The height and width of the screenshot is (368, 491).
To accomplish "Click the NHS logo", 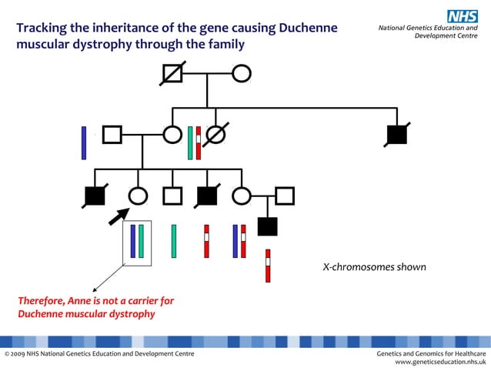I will (463, 15).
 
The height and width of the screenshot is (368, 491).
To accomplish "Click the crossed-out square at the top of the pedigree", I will (172, 74).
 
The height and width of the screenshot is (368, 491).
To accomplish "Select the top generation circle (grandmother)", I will (242, 74).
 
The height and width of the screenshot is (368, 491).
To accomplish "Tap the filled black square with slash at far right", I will (396, 135).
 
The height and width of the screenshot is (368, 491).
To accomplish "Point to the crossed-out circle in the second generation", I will (216, 135).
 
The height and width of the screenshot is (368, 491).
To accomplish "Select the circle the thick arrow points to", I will (138, 196).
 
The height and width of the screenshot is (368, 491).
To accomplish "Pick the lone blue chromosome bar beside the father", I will (84, 142).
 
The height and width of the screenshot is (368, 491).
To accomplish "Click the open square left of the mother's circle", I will (112, 135).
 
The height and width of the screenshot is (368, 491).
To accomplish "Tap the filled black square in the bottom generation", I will (267, 226).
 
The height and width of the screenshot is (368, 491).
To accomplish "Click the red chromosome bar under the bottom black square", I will (268, 266).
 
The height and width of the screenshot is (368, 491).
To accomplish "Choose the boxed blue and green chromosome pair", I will (137, 242).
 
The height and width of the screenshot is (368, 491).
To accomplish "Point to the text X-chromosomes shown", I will (374, 267).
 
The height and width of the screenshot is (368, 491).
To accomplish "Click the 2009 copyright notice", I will (99, 353).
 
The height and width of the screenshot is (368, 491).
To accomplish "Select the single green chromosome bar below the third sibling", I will (174, 241).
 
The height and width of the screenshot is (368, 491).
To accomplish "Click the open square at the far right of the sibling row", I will (285, 196).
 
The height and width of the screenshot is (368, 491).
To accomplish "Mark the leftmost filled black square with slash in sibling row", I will (95, 196).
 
